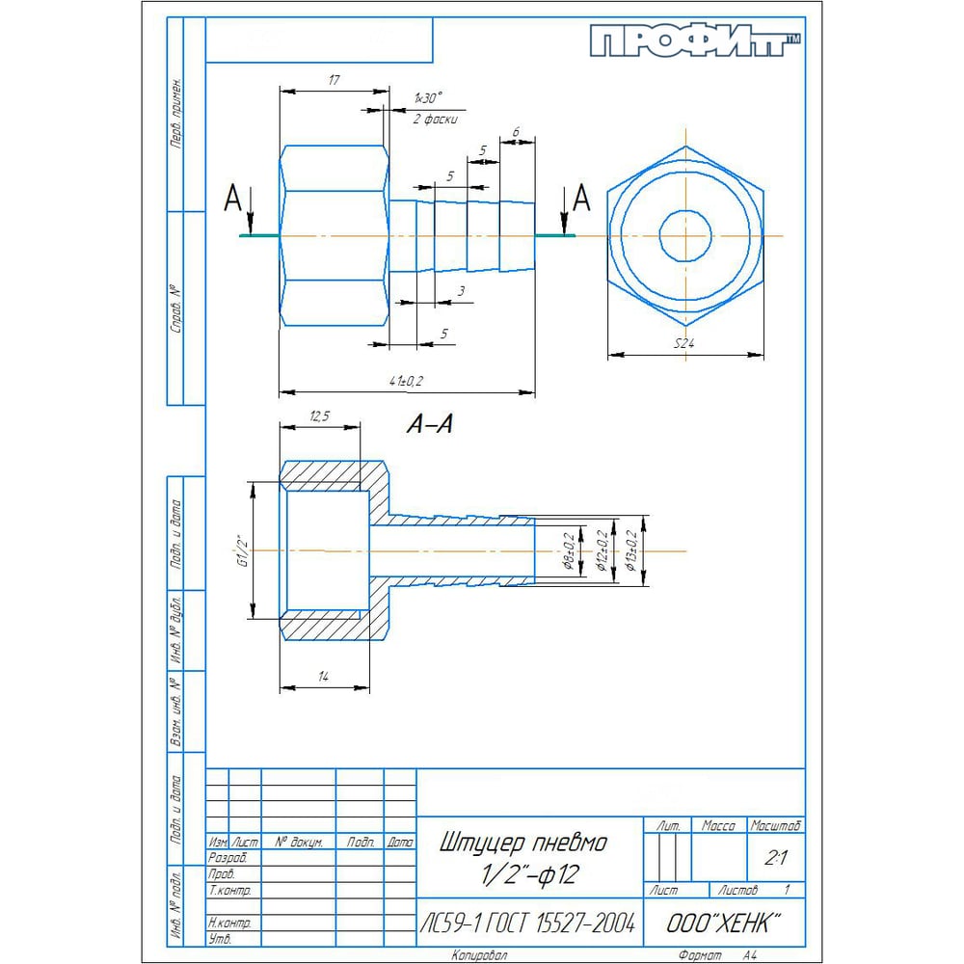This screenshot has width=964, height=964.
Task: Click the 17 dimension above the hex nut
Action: (x=334, y=81)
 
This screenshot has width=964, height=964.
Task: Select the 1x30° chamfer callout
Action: (x=427, y=99)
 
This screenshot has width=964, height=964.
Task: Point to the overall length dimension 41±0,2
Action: (x=406, y=382)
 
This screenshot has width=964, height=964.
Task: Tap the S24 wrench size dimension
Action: (x=685, y=343)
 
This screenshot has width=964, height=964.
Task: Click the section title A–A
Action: (x=429, y=424)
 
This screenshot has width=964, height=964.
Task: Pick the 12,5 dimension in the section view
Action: (x=320, y=415)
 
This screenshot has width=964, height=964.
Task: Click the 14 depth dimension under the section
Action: (x=324, y=679)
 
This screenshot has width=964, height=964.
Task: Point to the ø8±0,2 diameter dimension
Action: (x=569, y=551)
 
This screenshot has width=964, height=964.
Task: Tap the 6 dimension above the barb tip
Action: (x=517, y=132)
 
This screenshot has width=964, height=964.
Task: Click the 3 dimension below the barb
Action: (x=462, y=290)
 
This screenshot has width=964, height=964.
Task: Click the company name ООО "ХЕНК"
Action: (x=723, y=924)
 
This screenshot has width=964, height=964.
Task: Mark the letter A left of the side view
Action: (x=232, y=199)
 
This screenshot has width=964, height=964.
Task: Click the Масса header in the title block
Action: (x=718, y=826)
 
